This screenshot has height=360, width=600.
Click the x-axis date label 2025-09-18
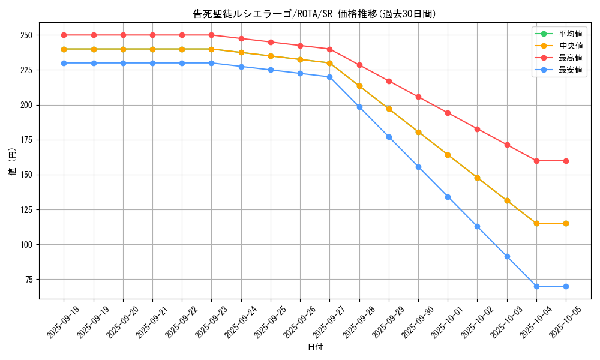click(x=64, y=322)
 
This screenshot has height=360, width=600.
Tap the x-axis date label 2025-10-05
click(x=566, y=322)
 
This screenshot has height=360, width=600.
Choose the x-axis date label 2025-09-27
click(x=329, y=322)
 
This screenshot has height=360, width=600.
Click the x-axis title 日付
click(x=315, y=347)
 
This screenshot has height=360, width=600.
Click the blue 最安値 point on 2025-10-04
click(x=536, y=286)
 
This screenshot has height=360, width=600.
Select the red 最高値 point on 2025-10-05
click(x=566, y=161)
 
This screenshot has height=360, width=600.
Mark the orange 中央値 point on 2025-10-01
click(x=448, y=155)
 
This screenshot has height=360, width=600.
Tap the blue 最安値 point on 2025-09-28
click(x=359, y=107)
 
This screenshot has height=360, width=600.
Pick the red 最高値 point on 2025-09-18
click(x=64, y=35)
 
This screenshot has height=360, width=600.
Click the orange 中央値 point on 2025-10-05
click(x=566, y=223)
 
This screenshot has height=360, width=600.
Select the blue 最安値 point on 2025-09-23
click(x=211, y=63)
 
